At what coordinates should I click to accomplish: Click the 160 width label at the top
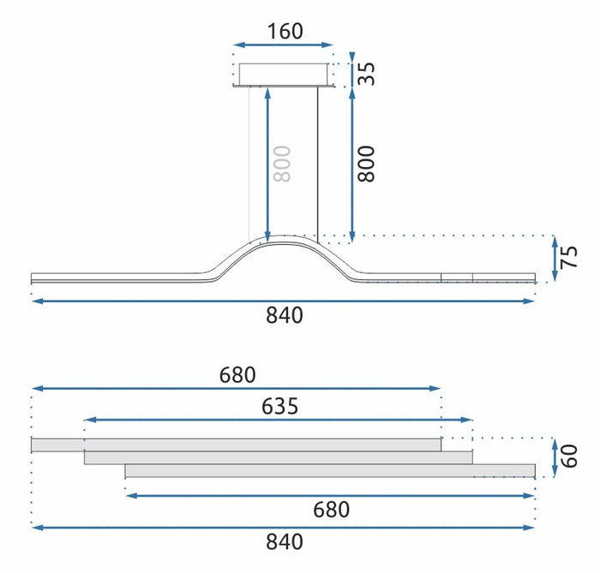(284, 32)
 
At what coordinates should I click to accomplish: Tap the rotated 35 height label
(366, 73)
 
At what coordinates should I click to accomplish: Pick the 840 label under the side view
(284, 315)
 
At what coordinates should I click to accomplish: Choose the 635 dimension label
(279, 407)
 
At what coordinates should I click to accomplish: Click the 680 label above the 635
(237, 375)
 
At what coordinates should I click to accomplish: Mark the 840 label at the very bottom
(284, 541)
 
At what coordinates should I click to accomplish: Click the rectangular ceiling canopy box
(284, 74)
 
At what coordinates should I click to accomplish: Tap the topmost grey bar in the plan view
(236, 445)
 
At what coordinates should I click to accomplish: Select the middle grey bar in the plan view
(278, 458)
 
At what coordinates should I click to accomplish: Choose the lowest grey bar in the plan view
(329, 470)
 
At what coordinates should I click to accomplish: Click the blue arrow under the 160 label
(284, 45)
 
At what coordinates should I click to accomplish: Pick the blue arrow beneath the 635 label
(279, 421)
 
